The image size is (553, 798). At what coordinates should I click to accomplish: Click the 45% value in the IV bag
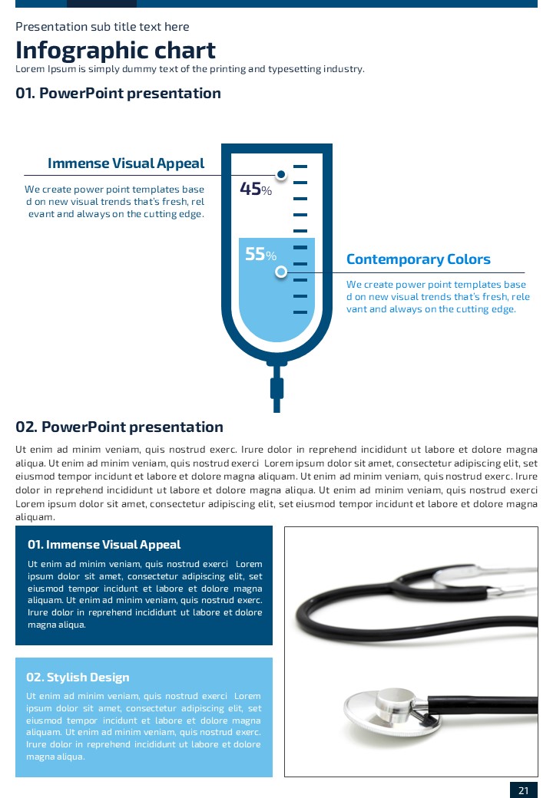tap(256, 189)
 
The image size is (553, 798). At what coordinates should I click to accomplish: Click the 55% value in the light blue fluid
tap(260, 254)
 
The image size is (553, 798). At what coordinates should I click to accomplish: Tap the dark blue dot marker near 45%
tap(281, 175)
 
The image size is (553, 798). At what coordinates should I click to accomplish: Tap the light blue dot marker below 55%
tap(281, 272)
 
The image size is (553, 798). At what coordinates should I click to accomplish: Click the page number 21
tap(523, 791)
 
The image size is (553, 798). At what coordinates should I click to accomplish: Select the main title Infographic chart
tap(115, 51)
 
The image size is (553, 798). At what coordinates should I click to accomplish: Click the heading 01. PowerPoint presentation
tap(118, 94)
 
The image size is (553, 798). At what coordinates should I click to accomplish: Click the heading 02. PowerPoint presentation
tap(119, 427)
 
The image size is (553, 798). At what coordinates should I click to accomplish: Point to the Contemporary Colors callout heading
tap(418, 259)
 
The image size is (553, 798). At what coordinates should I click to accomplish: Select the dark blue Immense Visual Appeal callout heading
tap(126, 163)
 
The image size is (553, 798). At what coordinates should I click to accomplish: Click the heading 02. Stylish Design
tap(78, 678)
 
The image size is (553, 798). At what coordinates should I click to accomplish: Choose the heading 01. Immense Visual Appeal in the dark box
tap(104, 545)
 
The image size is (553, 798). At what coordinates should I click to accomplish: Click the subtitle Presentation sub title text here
tap(102, 27)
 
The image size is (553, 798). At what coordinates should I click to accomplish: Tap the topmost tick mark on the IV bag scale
tap(300, 166)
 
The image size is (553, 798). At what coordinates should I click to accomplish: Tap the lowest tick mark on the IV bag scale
tap(300, 312)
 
